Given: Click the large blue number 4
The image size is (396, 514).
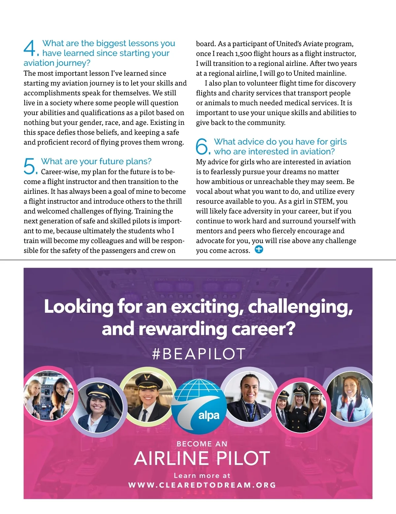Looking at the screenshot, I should [x=30, y=48].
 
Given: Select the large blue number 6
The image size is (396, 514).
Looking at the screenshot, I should [x=202, y=146].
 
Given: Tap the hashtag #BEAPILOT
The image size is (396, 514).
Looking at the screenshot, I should [x=199, y=354].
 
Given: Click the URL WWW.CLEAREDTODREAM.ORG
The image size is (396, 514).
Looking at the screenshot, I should [x=202, y=485].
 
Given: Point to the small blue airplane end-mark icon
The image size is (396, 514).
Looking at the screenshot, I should [x=259, y=249].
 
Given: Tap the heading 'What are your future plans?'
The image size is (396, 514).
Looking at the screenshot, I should [x=96, y=161].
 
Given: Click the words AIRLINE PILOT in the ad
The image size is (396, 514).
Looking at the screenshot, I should [x=202, y=458].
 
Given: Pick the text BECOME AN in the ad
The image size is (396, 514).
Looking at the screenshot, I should [x=202, y=444].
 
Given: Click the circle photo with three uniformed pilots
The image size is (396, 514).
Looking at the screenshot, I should [x=301, y=406].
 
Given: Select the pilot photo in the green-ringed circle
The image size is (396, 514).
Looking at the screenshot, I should [x=148, y=394].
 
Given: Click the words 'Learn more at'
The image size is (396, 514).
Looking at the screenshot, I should [x=202, y=475].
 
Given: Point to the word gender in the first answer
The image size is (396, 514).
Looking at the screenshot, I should [x=122, y=123].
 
